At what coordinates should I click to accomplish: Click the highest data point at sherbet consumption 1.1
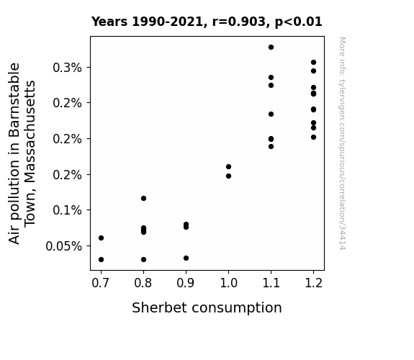tap(271, 48)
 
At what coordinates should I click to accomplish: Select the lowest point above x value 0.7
tap(101, 260)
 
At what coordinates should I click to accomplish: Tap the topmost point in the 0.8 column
tap(143, 198)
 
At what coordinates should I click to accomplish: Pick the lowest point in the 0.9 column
tap(186, 258)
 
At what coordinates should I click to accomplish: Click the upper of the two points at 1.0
tap(229, 166)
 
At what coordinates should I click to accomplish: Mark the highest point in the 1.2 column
tap(313, 63)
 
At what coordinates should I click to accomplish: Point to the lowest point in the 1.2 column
tap(313, 137)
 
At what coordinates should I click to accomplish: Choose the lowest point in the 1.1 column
tap(271, 146)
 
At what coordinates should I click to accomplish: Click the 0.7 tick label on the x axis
tap(100, 283)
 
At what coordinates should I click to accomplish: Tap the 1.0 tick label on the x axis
tap(229, 283)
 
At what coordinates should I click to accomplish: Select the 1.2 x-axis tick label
tap(314, 283)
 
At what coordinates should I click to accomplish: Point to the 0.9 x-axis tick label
tap(185, 283)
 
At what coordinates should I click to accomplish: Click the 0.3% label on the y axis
tap(68, 68)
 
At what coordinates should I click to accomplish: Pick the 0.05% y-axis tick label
tap(63, 246)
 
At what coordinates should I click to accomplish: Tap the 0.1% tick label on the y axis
tap(68, 210)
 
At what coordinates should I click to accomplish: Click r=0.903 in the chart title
tap(239, 22)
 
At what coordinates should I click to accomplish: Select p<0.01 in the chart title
tap(298, 22)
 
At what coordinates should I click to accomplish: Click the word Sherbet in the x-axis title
tap(160, 307)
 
